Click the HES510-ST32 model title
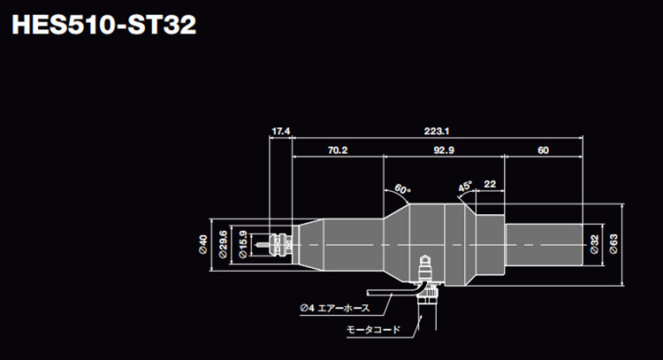[103, 24]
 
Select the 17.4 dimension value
[280, 131]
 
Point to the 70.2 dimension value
[338, 150]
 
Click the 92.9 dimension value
[443, 150]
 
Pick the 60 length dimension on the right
[542, 150]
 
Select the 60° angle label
[403, 189]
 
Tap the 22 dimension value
[490, 184]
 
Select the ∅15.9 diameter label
[244, 240]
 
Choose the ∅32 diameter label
[593, 240]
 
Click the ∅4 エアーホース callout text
[333, 308]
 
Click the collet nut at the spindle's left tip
[281, 240]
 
